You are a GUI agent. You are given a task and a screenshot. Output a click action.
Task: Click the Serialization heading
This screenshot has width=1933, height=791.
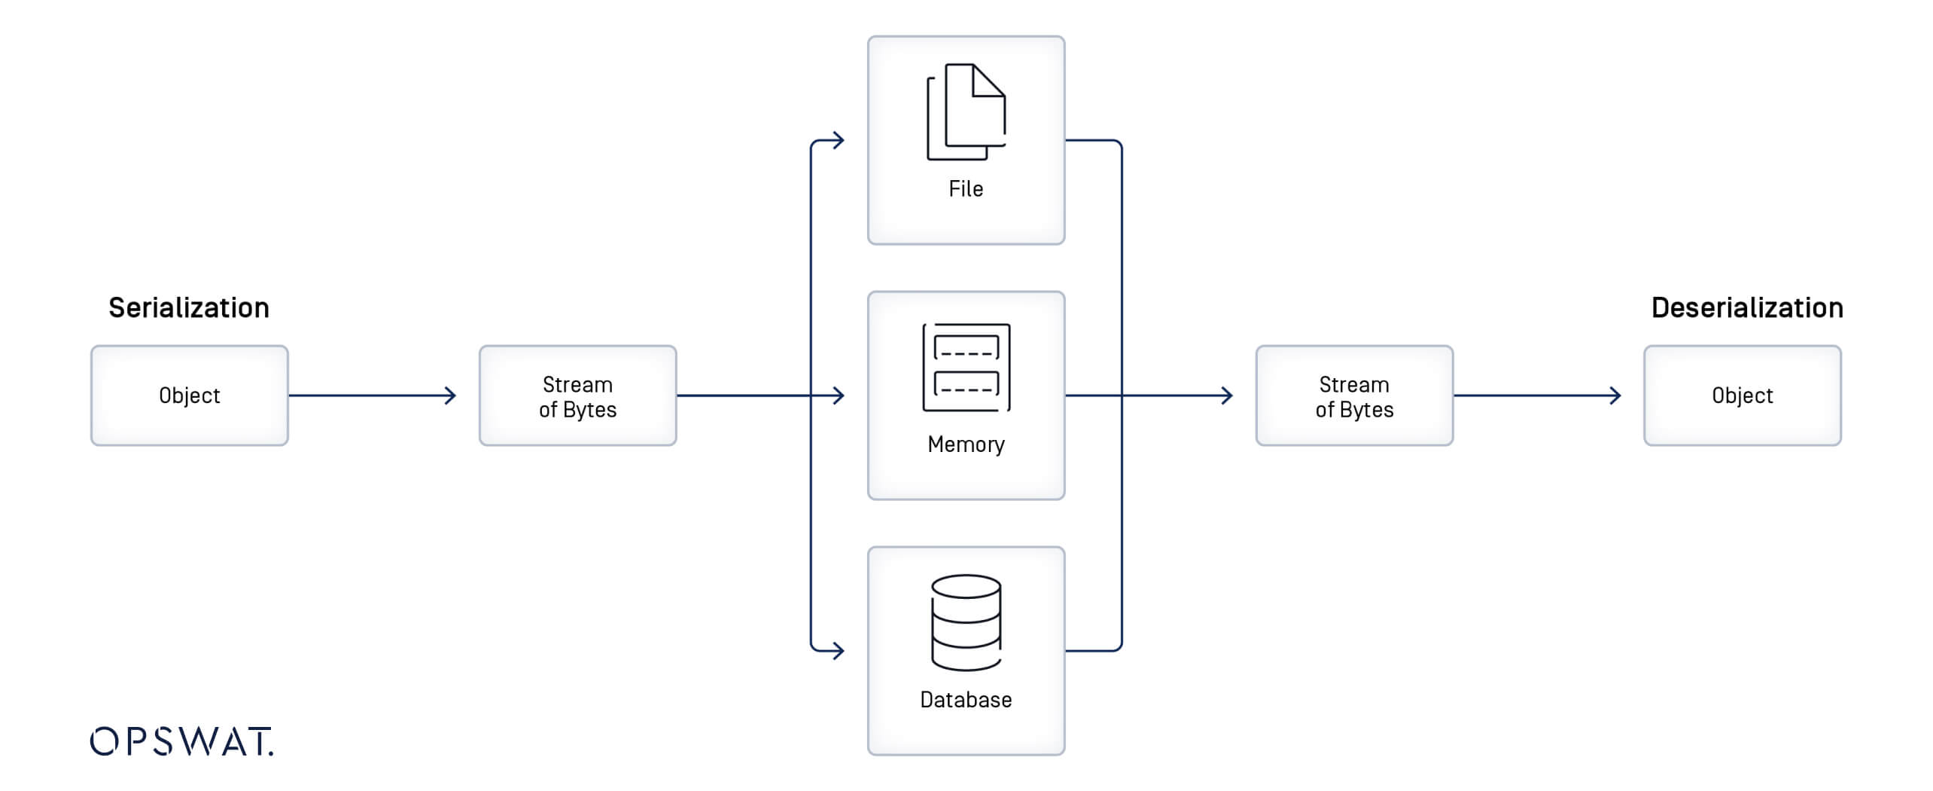[x=188, y=307]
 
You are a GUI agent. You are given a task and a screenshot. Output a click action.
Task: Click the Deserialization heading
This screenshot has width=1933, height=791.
[x=1746, y=307]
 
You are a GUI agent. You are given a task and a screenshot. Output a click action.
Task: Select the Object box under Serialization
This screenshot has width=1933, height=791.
[x=189, y=395]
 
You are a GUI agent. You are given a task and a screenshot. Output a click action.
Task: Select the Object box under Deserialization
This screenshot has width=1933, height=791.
[x=1742, y=395]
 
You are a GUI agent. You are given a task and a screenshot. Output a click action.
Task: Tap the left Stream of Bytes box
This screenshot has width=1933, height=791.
[x=577, y=396]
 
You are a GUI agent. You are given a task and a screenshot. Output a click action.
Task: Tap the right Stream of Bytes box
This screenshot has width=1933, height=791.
[x=1354, y=396]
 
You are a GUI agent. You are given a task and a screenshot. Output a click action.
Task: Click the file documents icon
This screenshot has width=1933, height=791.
[x=966, y=112]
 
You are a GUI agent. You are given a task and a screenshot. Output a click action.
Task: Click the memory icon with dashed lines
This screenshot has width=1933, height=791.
[x=966, y=368]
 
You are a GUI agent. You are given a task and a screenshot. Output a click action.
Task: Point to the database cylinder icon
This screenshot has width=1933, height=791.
[x=966, y=622]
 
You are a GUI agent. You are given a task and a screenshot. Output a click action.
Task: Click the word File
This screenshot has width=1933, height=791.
[x=966, y=188]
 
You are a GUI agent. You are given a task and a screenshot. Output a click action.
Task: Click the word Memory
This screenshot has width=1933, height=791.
[x=966, y=444]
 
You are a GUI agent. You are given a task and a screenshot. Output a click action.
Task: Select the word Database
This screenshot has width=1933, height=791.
[x=966, y=700]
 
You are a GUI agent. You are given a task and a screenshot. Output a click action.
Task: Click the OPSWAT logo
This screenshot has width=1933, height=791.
[x=181, y=741]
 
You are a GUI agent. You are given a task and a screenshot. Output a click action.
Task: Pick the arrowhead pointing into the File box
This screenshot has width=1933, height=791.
[x=839, y=140]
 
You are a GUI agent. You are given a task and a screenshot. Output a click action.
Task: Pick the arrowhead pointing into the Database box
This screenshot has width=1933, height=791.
[x=839, y=650]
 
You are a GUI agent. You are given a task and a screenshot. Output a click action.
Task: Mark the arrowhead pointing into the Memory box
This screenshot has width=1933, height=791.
[x=839, y=395]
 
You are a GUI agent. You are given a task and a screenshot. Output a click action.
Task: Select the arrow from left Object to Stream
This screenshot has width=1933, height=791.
[x=373, y=395]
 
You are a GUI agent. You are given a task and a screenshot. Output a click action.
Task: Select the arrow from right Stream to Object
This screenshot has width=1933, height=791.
[x=1536, y=395]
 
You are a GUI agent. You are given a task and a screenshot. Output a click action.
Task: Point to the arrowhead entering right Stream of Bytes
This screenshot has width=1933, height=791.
[x=1227, y=395]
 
